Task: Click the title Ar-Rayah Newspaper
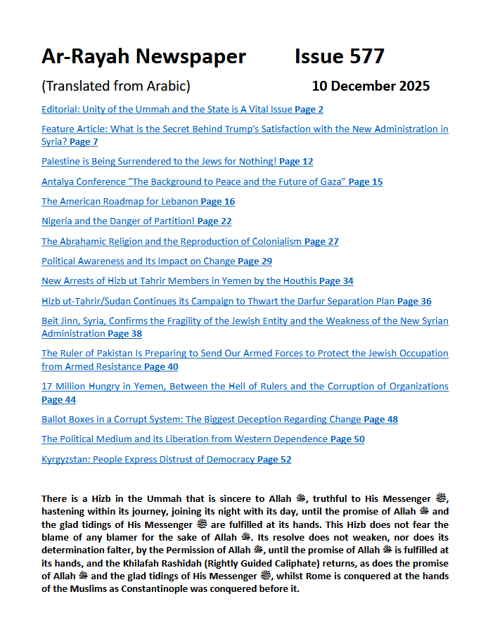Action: (x=143, y=56)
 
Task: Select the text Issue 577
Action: (x=340, y=56)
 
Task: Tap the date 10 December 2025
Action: (x=371, y=86)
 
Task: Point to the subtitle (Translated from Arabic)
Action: (x=116, y=86)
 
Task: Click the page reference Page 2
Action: (x=309, y=110)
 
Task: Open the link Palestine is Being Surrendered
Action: (x=159, y=162)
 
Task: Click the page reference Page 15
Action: (x=366, y=182)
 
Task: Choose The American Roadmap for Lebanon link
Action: (x=120, y=202)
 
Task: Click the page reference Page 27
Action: (x=321, y=242)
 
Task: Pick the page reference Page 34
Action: (x=336, y=281)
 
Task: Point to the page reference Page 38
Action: (x=124, y=334)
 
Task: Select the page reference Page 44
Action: (x=58, y=400)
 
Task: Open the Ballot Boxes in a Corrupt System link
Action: (x=201, y=420)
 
